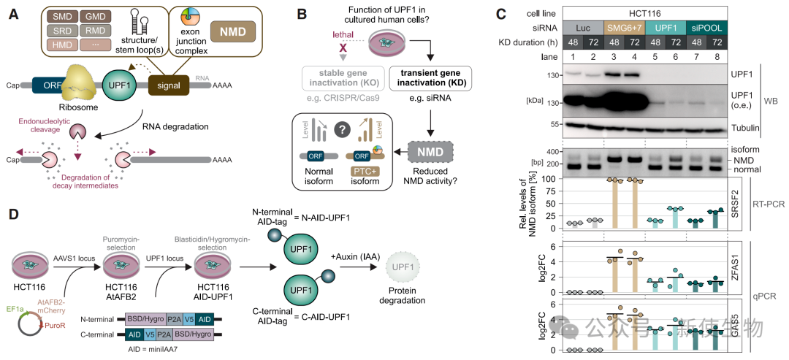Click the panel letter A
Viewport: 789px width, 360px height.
pos(12,15)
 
